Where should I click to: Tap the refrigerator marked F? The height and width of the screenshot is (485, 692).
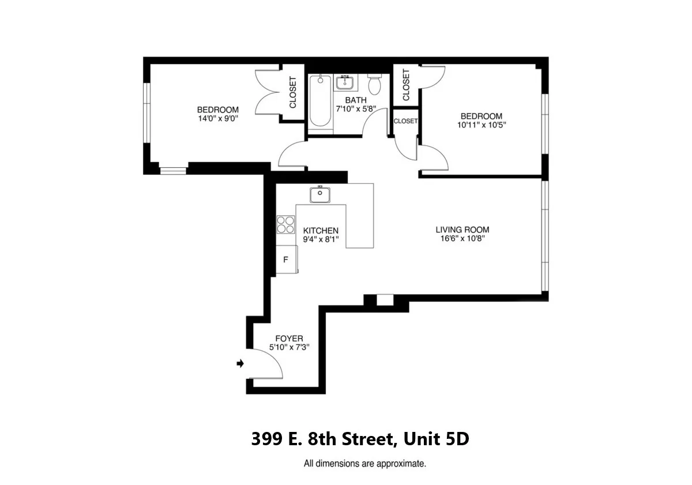(x=286, y=259)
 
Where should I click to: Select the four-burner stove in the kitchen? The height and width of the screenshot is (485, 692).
(x=285, y=224)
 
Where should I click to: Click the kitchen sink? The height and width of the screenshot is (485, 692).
(x=319, y=195)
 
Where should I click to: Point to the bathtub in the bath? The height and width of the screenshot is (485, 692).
(x=320, y=101)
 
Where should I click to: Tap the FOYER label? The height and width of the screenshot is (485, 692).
(x=289, y=339)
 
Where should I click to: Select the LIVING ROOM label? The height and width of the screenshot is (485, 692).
(x=462, y=230)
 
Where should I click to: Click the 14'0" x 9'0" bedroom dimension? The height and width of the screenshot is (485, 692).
(x=217, y=119)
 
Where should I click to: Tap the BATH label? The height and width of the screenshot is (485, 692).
(x=356, y=100)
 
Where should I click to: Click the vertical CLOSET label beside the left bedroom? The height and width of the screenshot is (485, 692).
(x=292, y=92)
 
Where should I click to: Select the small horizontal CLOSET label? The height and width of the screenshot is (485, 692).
(x=405, y=121)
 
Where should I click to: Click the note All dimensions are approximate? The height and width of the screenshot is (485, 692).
(x=364, y=463)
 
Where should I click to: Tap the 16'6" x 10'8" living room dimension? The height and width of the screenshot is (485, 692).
(x=462, y=238)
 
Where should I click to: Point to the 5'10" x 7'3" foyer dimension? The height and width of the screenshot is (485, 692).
(x=289, y=347)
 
